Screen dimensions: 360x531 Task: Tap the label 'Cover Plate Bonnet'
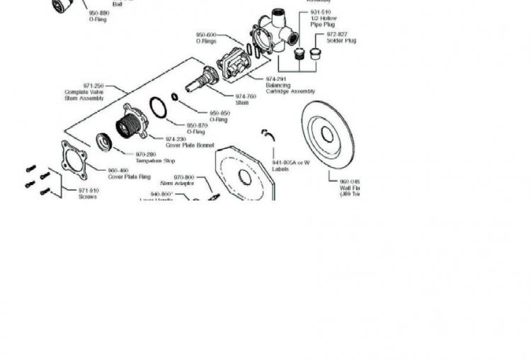[x=190, y=145]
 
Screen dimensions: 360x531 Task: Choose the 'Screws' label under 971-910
[x=88, y=197]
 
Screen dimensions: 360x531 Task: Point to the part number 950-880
[x=98, y=13]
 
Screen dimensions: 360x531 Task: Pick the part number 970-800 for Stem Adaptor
[x=183, y=177]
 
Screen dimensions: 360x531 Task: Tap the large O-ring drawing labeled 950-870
[x=158, y=109]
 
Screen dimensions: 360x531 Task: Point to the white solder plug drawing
[x=316, y=54]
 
